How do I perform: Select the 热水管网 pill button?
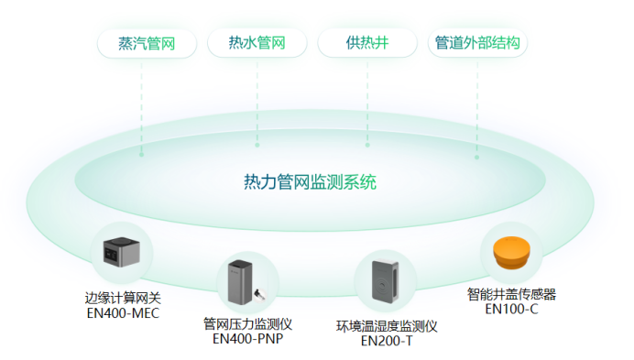pyautogui.click(x=257, y=43)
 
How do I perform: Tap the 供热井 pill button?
pyautogui.click(x=366, y=43)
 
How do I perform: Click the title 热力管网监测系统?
pyautogui.click(x=310, y=182)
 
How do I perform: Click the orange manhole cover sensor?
pyautogui.click(x=509, y=252)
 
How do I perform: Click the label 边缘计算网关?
pyautogui.click(x=123, y=298)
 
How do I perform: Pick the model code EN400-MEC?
pyautogui.click(x=123, y=312)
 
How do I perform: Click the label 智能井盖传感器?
pyautogui.click(x=511, y=294)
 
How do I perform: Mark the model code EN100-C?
pyautogui.click(x=511, y=309)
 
